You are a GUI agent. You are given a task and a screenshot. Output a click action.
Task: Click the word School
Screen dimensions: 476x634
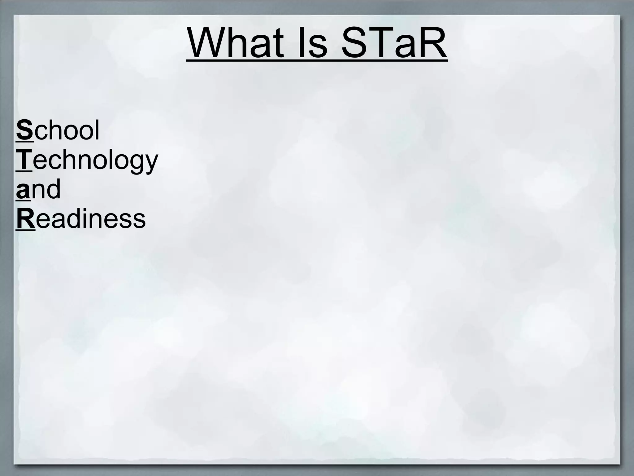(58, 130)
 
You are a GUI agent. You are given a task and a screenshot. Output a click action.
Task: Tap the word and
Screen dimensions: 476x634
(38, 189)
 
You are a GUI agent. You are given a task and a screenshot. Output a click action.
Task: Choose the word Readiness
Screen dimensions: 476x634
(80, 219)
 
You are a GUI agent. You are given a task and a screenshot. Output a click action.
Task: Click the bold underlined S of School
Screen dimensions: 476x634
(24, 130)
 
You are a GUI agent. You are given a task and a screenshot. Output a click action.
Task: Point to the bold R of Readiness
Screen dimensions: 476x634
(25, 219)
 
